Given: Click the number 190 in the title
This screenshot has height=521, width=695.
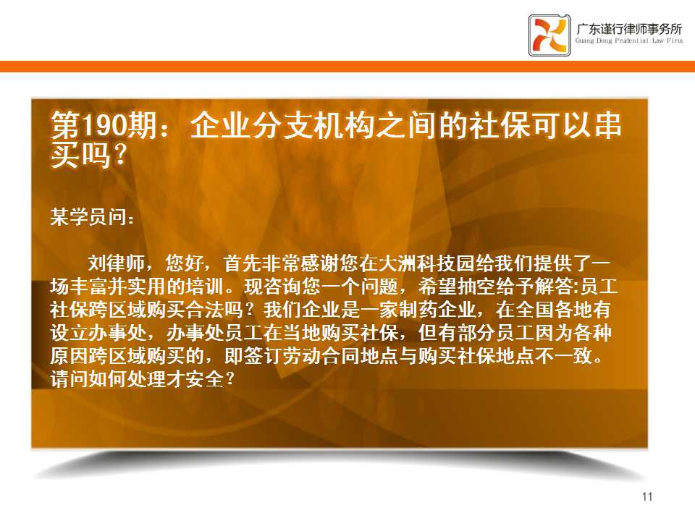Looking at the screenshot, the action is click(x=104, y=125).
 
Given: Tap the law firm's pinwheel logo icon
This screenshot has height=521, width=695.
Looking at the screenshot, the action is click(x=549, y=35).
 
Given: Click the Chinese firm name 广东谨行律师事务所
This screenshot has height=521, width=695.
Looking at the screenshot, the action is click(x=629, y=29).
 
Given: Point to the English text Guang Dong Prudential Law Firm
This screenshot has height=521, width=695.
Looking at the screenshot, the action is click(x=629, y=41).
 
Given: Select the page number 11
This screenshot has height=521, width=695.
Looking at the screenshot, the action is click(x=647, y=496).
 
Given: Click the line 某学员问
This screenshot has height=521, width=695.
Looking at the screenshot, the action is click(x=92, y=217).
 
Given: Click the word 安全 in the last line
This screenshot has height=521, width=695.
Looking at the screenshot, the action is click(x=205, y=378).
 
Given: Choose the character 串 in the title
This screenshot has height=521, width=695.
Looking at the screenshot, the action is click(x=607, y=125).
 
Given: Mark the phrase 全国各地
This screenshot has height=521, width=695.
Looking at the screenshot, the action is click(x=553, y=310).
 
